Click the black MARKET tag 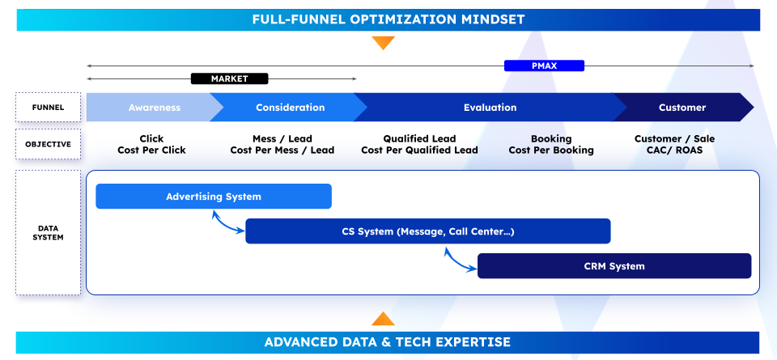tap(229, 78)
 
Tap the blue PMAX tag tap(544, 66)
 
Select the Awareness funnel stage tap(154, 108)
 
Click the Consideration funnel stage tap(290, 108)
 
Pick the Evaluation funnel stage tap(490, 108)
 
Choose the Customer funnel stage tap(682, 108)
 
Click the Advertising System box tap(214, 197)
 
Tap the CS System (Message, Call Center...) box tap(428, 231)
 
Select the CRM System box tap(614, 266)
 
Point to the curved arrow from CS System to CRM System tap(456, 262)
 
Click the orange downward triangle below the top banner tap(383, 43)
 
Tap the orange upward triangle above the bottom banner tap(383, 319)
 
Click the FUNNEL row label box tap(48, 107)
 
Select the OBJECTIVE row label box tap(48, 144)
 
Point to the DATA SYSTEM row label tap(48, 233)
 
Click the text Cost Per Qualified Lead tap(420, 150)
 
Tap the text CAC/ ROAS tap(674, 150)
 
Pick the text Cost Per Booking tap(551, 150)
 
